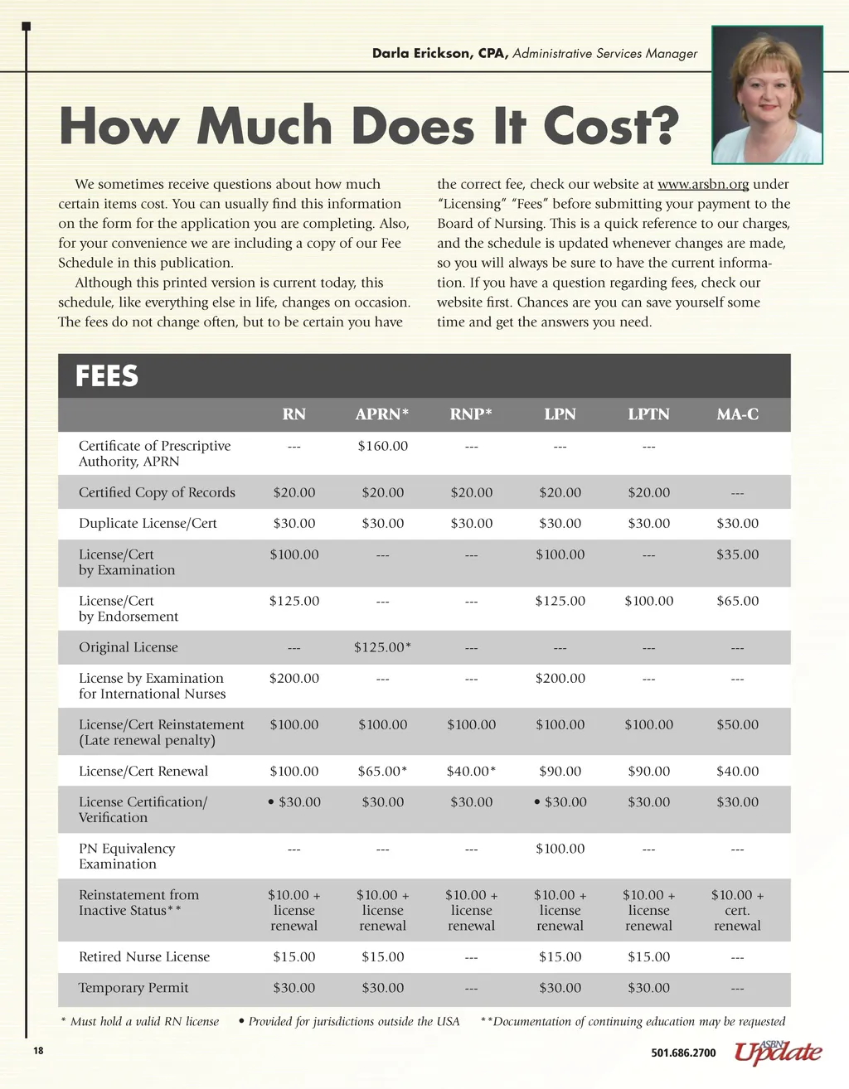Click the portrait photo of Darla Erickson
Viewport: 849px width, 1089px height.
767,94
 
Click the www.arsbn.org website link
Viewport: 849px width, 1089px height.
703,184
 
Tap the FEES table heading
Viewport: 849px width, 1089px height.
107,376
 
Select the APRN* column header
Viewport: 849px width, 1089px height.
382,414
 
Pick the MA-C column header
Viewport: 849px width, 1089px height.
737,414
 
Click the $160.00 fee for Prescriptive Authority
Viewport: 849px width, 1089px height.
382,446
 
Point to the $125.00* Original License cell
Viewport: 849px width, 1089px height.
382,647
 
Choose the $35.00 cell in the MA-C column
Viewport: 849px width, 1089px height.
737,554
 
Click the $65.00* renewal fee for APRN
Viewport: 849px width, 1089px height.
382,771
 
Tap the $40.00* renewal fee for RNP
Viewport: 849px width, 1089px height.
471,771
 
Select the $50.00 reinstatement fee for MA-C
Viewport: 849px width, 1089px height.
737,724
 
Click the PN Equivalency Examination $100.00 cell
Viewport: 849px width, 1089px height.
560,849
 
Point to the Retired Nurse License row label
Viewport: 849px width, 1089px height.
144,956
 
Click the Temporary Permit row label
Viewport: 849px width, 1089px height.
133,988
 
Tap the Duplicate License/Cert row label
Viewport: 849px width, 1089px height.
148,523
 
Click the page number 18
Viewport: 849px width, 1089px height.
38,1051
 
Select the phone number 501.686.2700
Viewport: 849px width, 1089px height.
683,1053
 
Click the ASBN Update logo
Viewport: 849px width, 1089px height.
778,1053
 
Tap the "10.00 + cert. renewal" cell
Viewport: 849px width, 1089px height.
737,910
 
